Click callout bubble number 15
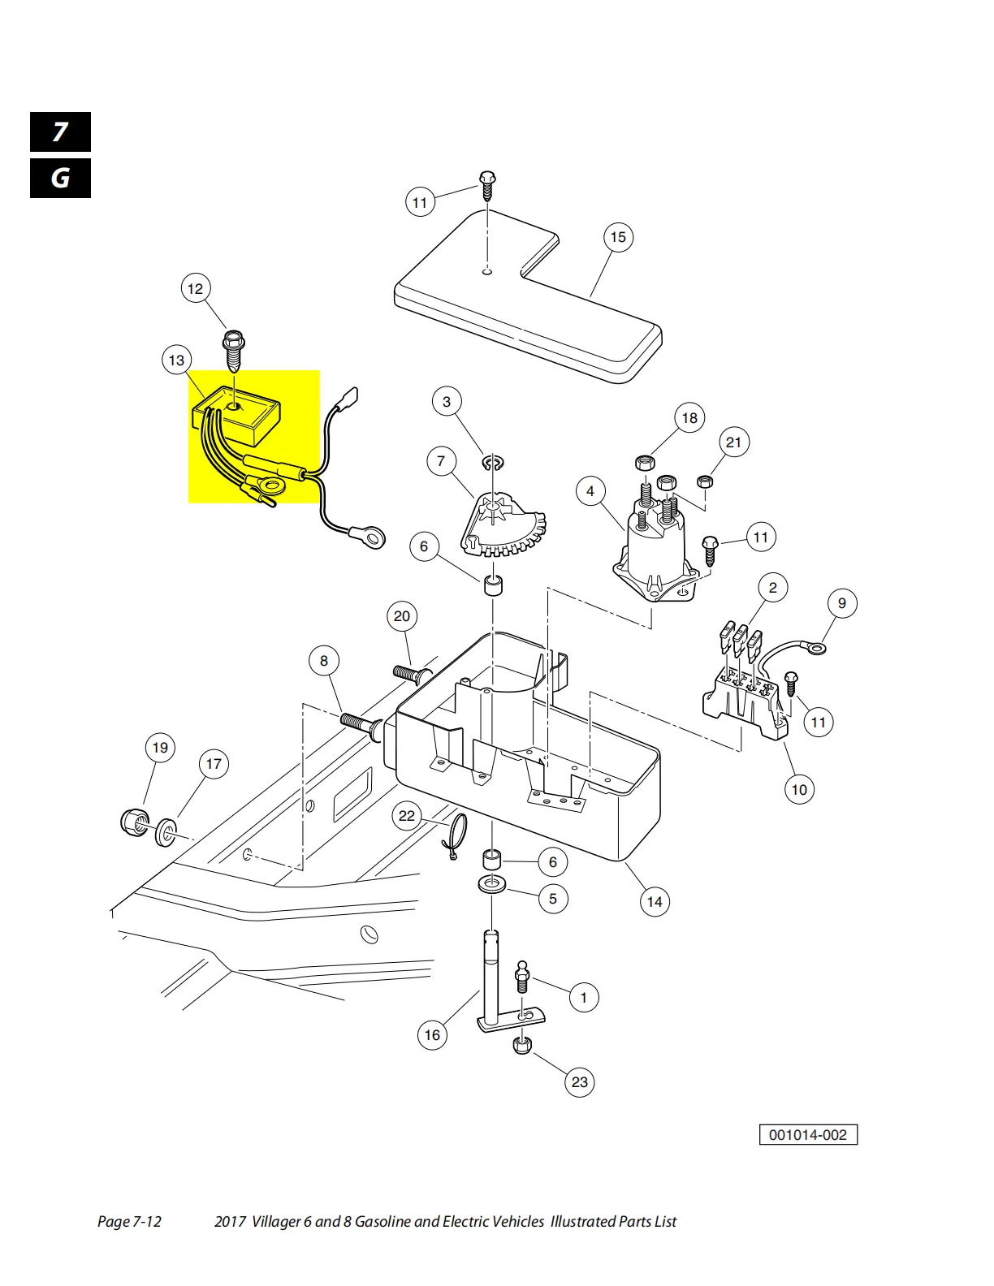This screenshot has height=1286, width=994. [x=618, y=237]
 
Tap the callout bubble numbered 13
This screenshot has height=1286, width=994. [x=177, y=360]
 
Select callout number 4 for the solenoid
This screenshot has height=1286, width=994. [x=590, y=491]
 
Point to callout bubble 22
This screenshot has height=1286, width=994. [x=407, y=816]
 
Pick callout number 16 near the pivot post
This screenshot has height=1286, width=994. [x=432, y=1035]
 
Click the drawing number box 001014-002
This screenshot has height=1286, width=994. [x=808, y=1135]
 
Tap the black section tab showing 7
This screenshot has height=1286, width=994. [x=60, y=132]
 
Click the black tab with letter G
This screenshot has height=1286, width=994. [x=60, y=179]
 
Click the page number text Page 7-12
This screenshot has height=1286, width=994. [x=129, y=1222]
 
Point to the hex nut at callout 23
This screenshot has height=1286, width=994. [x=522, y=1045]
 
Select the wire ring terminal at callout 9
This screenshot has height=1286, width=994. [x=815, y=648]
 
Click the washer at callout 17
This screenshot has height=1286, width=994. [x=166, y=831]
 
